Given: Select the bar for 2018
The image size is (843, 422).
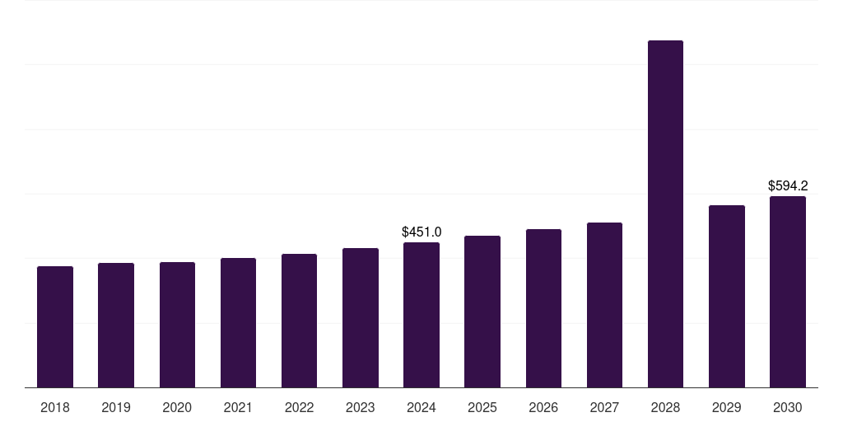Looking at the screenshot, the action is [x=55, y=326].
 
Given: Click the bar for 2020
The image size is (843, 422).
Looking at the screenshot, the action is [x=177, y=325].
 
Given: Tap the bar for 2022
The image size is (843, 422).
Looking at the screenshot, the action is [x=299, y=321].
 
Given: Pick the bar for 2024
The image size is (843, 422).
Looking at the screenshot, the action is [x=421, y=315].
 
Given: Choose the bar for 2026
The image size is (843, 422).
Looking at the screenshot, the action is [x=543, y=308].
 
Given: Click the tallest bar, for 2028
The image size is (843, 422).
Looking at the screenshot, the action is [x=665, y=213].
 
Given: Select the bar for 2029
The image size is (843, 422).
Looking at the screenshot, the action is [x=727, y=297].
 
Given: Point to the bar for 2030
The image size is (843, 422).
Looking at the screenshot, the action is [x=788, y=292].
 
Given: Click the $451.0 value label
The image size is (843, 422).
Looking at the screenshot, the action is [x=421, y=232].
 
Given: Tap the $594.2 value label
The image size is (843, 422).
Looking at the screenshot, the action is [x=788, y=185].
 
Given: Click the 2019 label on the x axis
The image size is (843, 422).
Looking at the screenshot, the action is [x=116, y=407].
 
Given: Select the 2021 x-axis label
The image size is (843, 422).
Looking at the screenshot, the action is [x=238, y=407].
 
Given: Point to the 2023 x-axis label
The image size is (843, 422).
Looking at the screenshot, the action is [x=361, y=407].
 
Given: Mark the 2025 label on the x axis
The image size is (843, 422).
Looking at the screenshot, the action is [x=482, y=407].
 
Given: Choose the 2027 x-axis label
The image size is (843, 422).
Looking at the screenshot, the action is [x=604, y=407].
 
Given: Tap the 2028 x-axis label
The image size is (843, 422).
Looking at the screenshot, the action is [x=665, y=407].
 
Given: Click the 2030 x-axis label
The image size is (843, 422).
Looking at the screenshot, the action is [x=788, y=407].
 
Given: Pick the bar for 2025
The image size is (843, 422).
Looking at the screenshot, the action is [x=482, y=312].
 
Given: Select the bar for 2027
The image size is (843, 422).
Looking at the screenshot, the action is [x=604, y=305].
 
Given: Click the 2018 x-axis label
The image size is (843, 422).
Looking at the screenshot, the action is [x=55, y=407].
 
